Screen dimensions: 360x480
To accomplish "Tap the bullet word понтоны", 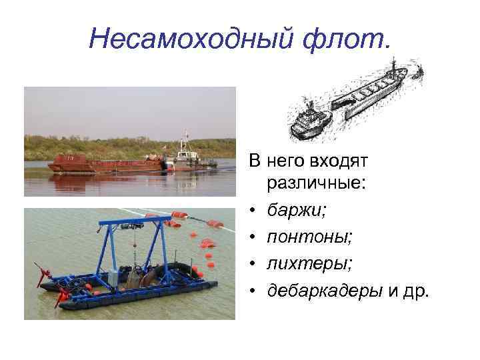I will point(305,237).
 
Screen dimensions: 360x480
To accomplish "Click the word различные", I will point(315,184).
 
